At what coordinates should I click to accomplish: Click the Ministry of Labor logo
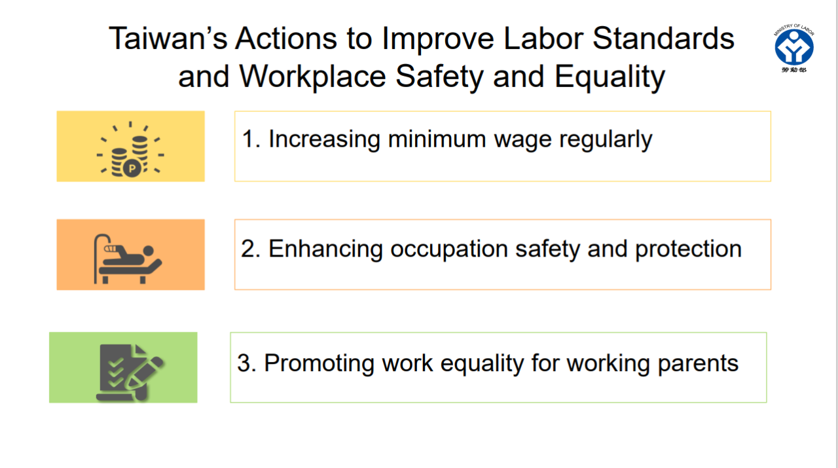point(793,48)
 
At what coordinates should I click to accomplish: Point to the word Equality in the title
point(610,77)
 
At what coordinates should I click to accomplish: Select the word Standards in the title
point(664,39)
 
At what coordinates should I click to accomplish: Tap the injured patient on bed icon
point(129,257)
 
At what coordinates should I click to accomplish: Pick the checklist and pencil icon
point(129,370)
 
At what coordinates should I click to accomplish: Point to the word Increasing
point(324,141)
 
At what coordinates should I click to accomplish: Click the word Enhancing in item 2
point(325,250)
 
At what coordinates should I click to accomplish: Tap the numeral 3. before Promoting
point(246,364)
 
